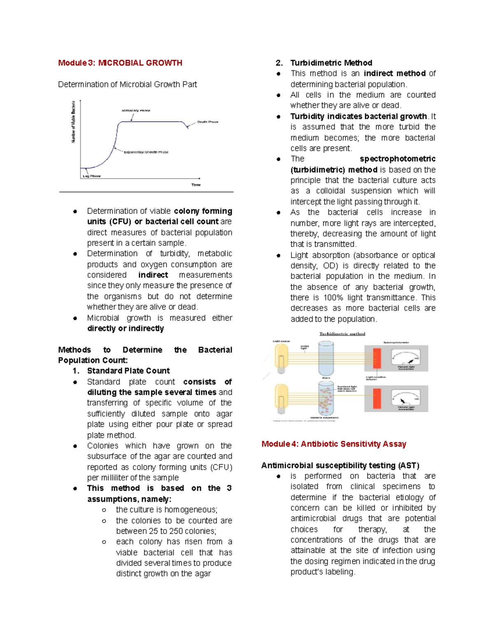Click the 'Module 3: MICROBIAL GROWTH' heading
(120, 63)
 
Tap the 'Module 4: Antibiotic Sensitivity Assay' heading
(333, 444)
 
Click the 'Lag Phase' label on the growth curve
(91, 176)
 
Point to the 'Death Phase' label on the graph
(207, 122)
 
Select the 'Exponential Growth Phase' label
(146, 152)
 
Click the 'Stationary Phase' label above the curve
(136, 111)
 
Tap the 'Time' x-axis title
(196, 185)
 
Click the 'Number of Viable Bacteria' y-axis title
(74, 122)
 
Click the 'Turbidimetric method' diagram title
(342, 334)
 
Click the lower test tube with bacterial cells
(326, 398)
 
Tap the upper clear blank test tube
(326, 358)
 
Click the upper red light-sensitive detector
(377, 358)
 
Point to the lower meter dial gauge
(406, 398)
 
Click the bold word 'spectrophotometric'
(397, 159)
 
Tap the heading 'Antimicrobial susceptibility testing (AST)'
(340, 465)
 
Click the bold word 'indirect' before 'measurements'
(153, 275)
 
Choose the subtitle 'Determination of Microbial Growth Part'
(127, 84)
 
